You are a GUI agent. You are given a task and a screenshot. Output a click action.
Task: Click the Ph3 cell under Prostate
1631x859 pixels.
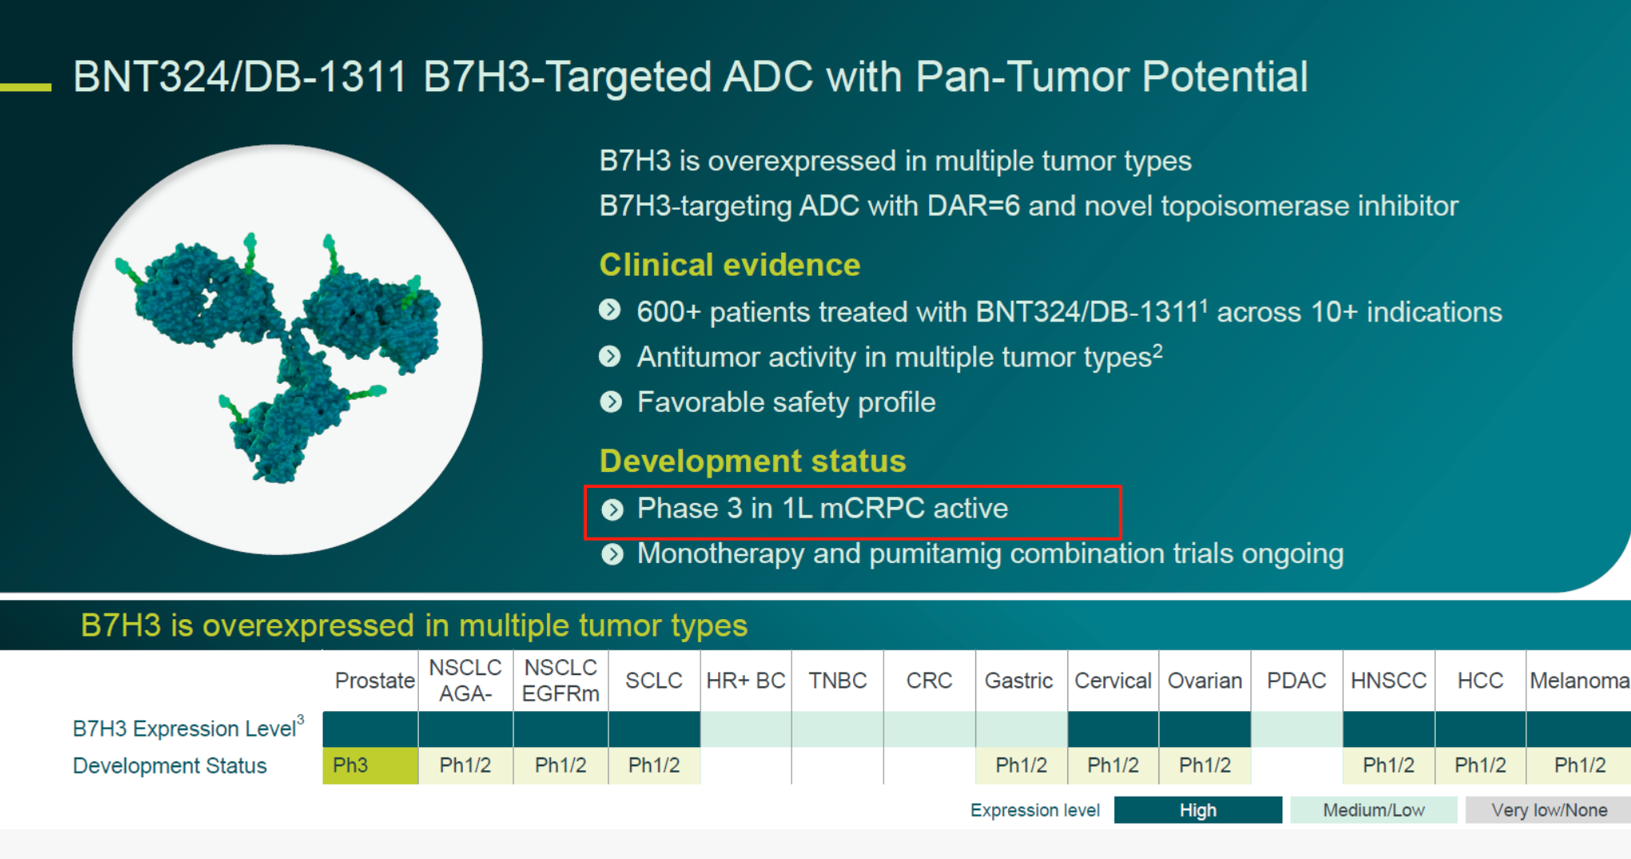[x=370, y=765]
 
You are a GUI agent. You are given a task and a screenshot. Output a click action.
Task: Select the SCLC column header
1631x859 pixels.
[x=654, y=681]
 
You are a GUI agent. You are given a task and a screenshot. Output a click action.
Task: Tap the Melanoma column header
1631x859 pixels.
[x=1579, y=681]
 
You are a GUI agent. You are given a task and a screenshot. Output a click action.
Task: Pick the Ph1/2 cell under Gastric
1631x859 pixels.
[x=1021, y=765]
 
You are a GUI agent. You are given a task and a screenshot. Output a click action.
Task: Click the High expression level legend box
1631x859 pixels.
[x=1198, y=810]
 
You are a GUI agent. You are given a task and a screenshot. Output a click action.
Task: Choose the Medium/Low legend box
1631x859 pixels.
[x=1374, y=810]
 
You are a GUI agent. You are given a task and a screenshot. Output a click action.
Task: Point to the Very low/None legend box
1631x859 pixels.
[x=1549, y=810]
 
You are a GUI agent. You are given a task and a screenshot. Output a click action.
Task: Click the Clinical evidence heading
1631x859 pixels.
[x=730, y=265]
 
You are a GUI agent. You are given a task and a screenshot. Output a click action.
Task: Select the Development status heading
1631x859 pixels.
[x=753, y=461]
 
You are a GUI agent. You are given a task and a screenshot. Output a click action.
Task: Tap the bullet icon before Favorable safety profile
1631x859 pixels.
[x=612, y=402]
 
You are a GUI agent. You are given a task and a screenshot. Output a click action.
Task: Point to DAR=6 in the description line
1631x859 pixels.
[x=973, y=206]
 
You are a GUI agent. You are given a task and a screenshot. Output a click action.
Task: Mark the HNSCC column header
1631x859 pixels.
[x=1389, y=681]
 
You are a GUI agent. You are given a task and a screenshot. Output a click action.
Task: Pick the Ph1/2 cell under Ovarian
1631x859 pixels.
[x=1205, y=765]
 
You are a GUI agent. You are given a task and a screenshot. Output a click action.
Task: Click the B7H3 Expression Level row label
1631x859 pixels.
[x=189, y=728]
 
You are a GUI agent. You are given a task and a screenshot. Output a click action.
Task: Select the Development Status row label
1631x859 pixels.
[x=169, y=765]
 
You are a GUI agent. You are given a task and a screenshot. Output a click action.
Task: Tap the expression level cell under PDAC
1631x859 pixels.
[x=1297, y=729]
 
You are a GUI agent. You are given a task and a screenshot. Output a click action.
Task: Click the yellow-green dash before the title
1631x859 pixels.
[x=26, y=86]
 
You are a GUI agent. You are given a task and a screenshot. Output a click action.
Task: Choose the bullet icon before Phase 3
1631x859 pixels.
[x=612, y=509]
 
